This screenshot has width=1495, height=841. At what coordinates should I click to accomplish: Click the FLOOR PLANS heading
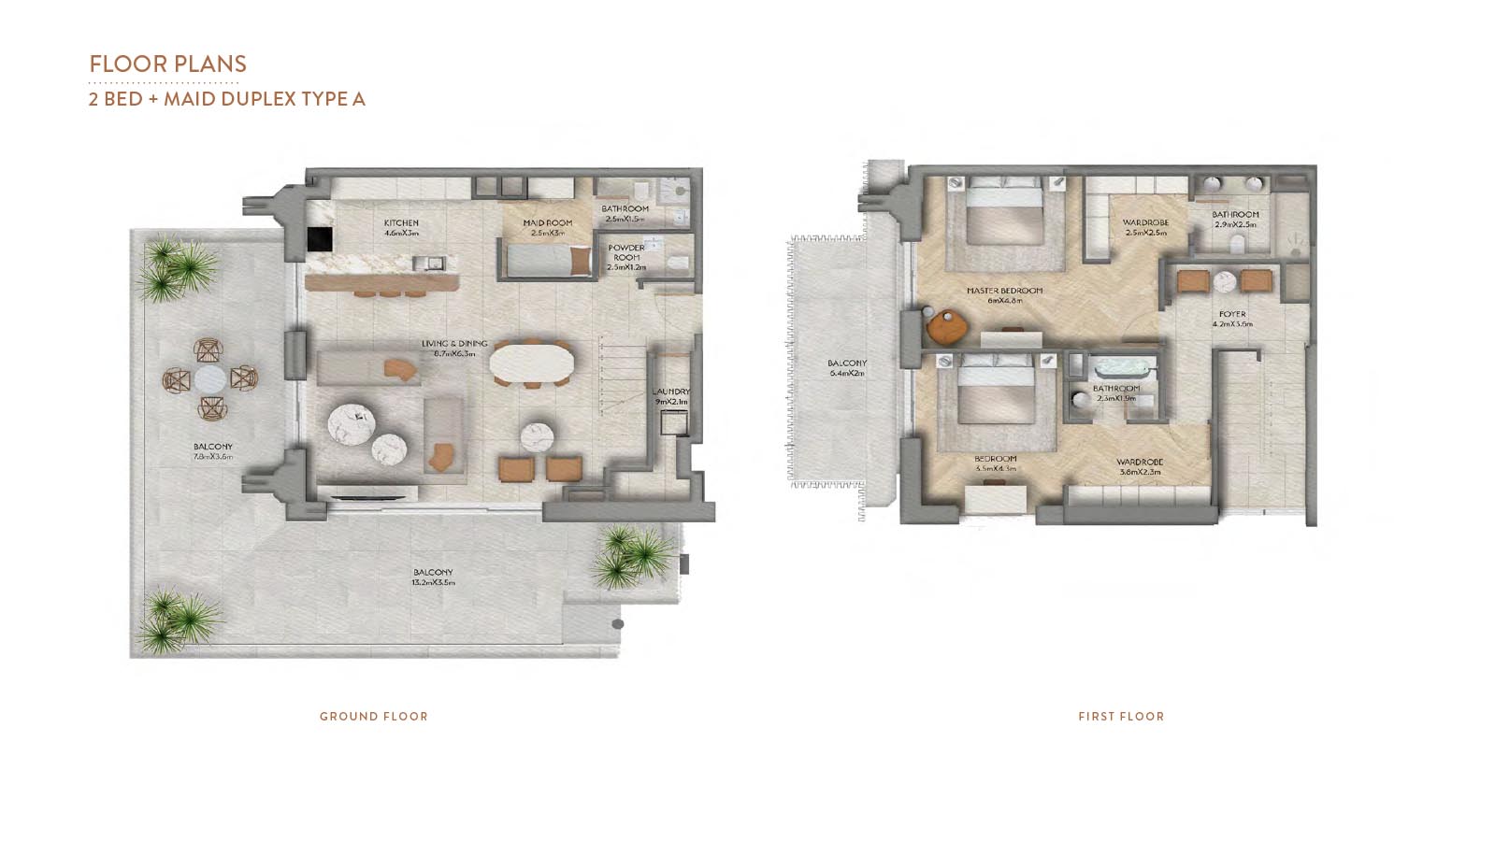pos(167,64)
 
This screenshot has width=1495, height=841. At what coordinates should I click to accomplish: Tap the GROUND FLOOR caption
pos(373,717)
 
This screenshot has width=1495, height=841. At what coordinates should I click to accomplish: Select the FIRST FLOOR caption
pos(1121,717)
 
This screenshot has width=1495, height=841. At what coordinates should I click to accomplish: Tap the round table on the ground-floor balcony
pos(210,378)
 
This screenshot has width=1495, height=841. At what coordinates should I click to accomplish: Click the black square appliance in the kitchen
pos(320,239)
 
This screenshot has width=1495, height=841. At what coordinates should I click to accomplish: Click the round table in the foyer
pos(1224,281)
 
